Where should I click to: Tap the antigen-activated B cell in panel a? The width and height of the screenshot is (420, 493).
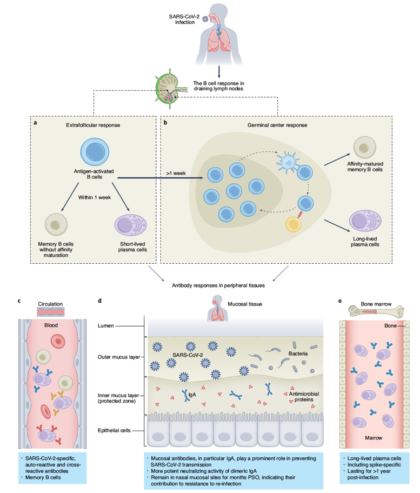(x=95, y=152)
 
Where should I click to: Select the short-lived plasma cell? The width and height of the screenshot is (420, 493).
(x=130, y=225)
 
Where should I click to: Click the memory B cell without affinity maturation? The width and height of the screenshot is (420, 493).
(x=56, y=224)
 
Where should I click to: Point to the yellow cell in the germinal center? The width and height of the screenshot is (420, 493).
(x=294, y=224)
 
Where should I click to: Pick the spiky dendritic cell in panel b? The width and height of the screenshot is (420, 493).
(x=287, y=162)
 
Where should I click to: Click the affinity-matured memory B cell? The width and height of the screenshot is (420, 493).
(x=365, y=147)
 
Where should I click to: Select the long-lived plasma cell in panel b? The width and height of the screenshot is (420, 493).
(x=365, y=221)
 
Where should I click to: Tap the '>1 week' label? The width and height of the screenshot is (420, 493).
(x=176, y=173)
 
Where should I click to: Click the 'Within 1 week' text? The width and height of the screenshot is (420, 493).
(x=94, y=197)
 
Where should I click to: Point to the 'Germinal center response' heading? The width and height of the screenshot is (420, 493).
(x=277, y=125)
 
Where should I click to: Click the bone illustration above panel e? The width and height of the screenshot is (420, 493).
(x=376, y=311)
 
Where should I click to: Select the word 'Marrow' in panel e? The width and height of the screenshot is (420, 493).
(x=374, y=438)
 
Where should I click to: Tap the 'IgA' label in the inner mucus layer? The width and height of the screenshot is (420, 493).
(x=192, y=395)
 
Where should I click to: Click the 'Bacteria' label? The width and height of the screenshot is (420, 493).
(x=298, y=354)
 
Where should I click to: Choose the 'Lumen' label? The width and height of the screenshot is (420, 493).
(x=105, y=326)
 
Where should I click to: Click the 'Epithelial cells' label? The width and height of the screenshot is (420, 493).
(x=114, y=430)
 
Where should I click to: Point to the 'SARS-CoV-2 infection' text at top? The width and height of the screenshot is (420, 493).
(x=184, y=19)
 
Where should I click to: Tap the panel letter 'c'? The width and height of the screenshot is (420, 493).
(x=19, y=301)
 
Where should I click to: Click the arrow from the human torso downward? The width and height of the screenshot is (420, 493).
(x=219, y=72)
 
